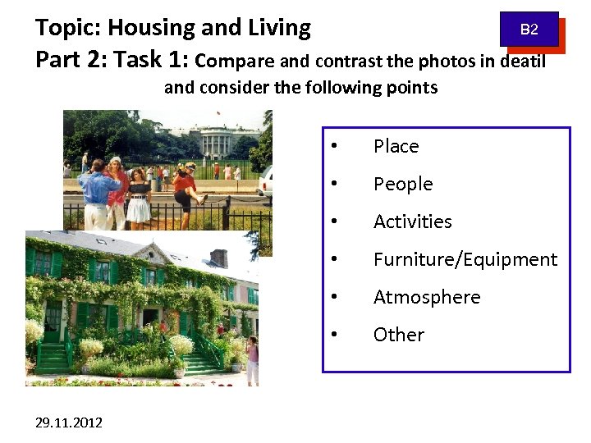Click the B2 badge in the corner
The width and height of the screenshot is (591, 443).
coord(529,30)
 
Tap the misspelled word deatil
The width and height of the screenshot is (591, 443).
coord(518,61)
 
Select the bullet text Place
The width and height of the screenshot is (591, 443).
coord(396,146)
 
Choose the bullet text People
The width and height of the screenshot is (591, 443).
coord(402,184)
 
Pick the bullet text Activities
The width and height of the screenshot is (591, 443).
coord(412,221)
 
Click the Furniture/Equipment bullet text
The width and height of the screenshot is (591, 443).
coord(465,259)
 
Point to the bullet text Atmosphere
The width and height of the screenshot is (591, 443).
coord(426,297)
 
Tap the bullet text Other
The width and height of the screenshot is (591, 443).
coord(398,335)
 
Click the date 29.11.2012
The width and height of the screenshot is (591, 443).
coord(69,422)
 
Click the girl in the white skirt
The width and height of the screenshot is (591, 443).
coord(140,198)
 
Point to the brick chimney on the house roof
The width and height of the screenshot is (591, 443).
coord(218,258)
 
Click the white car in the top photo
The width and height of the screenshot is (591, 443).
coord(264,180)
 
